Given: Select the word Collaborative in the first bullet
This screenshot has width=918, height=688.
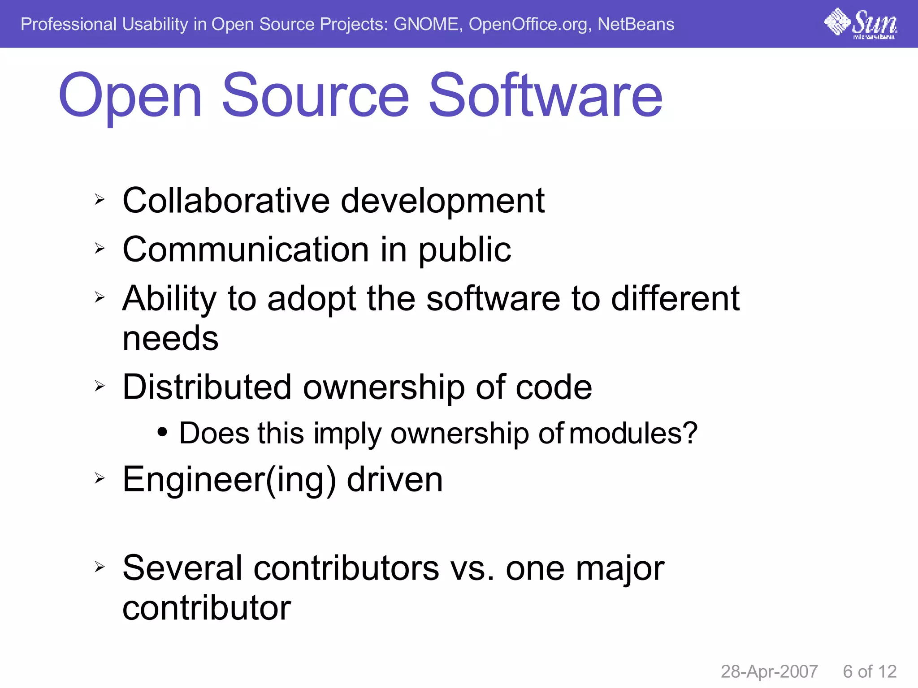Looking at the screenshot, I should pyautogui.click(x=226, y=200).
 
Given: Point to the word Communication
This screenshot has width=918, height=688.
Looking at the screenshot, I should pyautogui.click(x=246, y=249).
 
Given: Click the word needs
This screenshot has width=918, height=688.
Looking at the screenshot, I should pyautogui.click(x=170, y=339).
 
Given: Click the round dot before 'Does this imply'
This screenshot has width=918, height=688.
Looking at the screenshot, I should pyautogui.click(x=162, y=433).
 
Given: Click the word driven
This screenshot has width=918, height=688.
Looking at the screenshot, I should pyautogui.click(x=395, y=480).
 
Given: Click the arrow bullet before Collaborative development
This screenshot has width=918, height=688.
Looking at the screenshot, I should pyautogui.click(x=100, y=199).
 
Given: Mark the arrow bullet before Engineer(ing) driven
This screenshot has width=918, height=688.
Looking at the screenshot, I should pyautogui.click(x=100, y=478).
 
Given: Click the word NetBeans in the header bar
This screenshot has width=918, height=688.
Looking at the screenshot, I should pyautogui.click(x=636, y=24).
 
